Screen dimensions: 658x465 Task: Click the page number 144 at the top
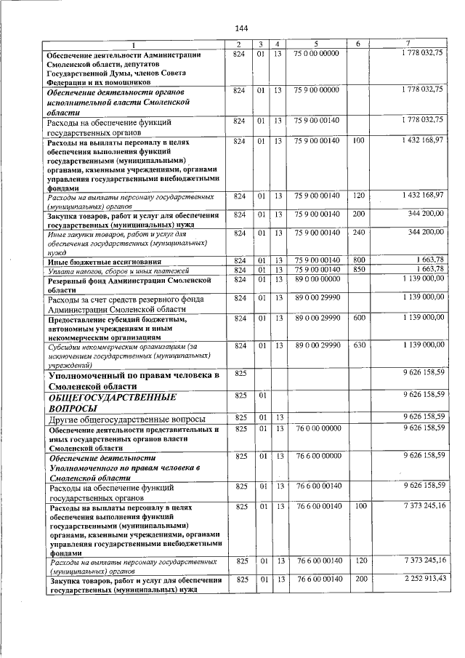click(x=242, y=28)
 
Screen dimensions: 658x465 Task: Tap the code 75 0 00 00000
click(x=316, y=54)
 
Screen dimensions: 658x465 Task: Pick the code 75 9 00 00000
click(x=316, y=89)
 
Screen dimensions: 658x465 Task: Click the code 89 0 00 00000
click(x=316, y=279)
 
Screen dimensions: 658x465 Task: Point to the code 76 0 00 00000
click(x=316, y=429)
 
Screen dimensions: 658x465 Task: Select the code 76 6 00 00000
click(x=316, y=456)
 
